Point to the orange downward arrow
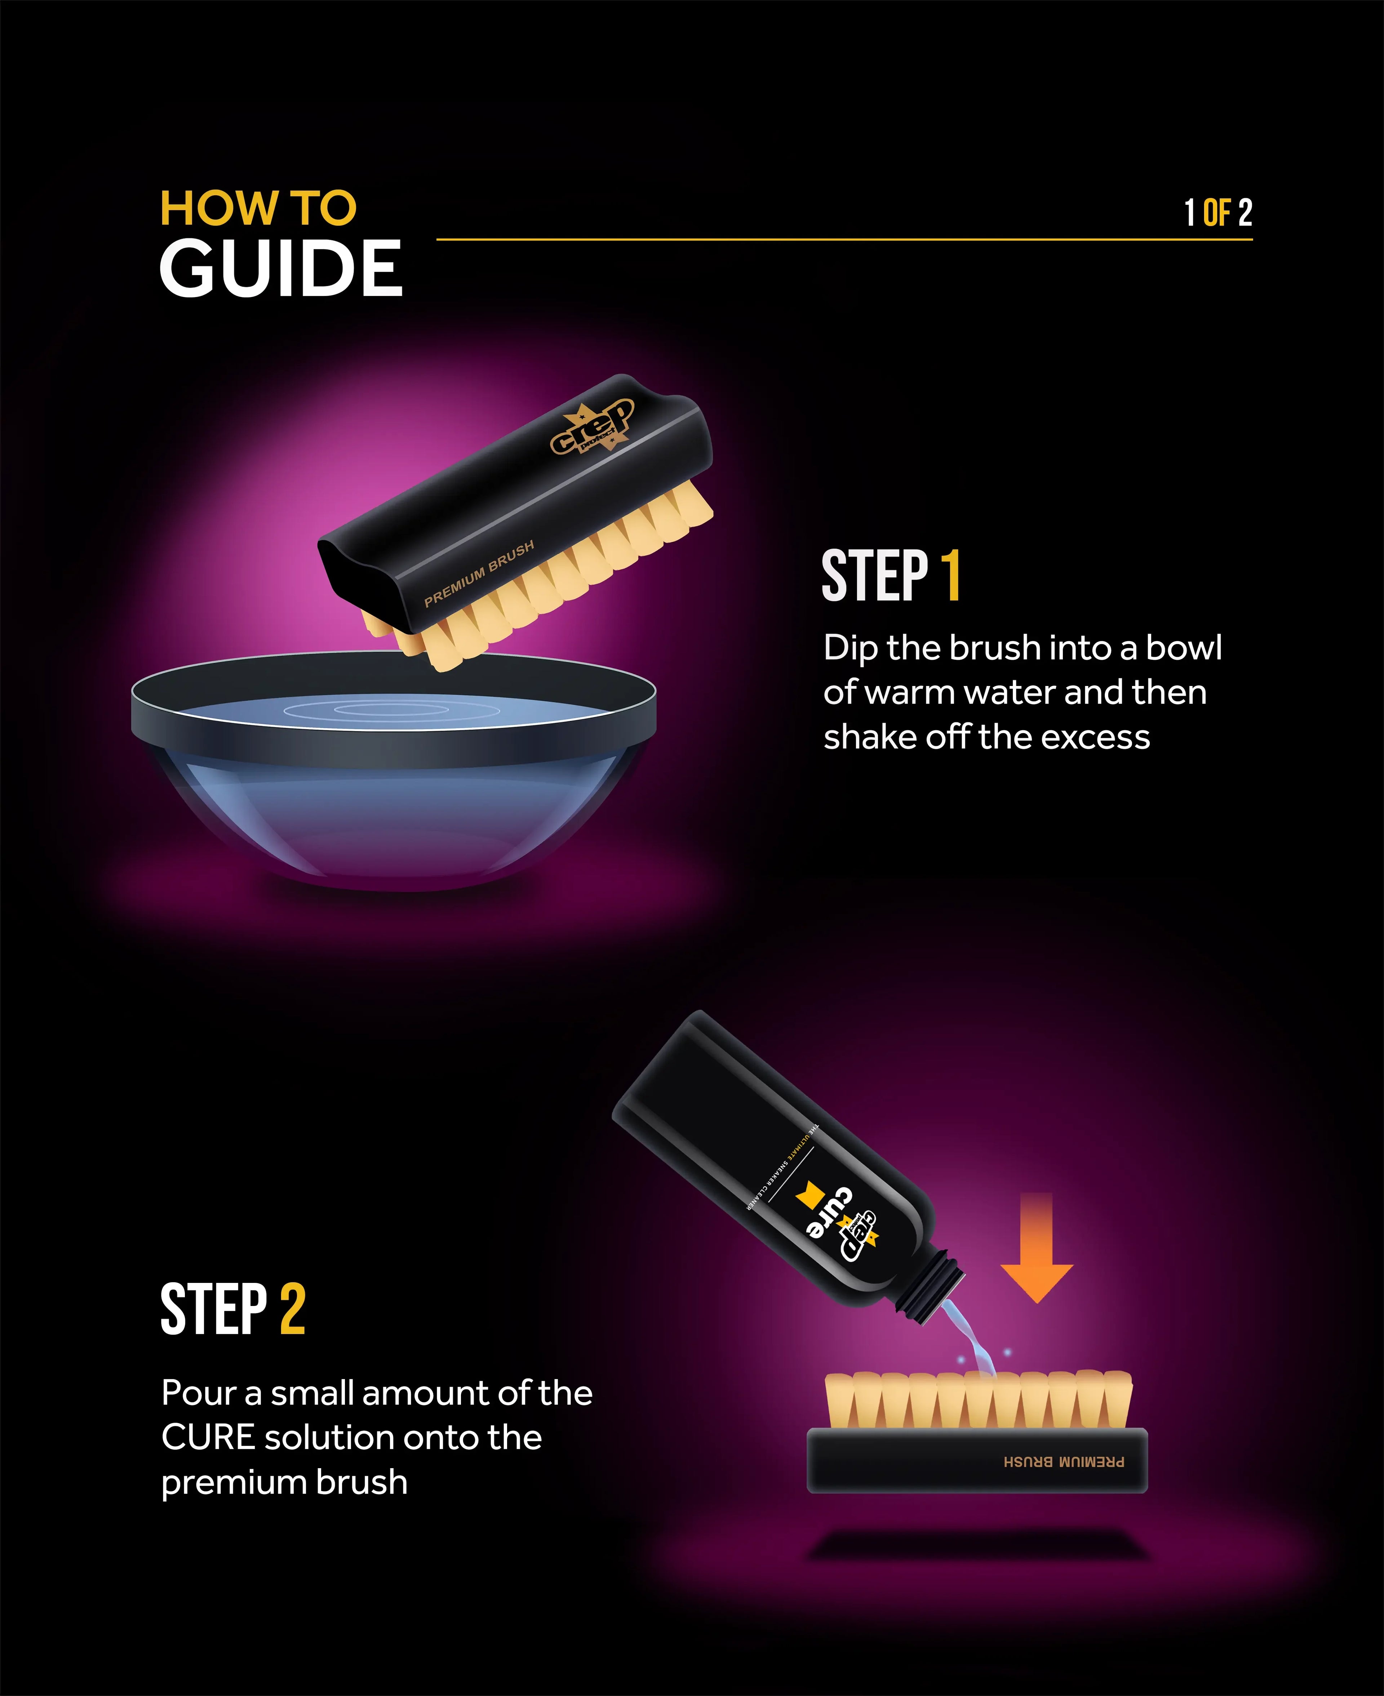click(x=1037, y=1252)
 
